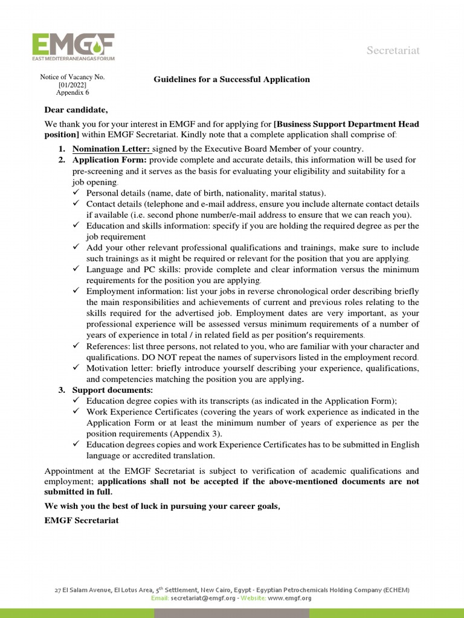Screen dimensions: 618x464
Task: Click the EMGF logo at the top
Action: (72, 47)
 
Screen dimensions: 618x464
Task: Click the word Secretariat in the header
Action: (393, 51)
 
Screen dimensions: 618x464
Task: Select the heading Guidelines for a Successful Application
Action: (231, 79)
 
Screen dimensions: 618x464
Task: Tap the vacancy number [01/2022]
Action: (72, 85)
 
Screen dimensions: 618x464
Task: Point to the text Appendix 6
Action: (72, 93)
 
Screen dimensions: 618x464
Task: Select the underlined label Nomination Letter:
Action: (111, 149)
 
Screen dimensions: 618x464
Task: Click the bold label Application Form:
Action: (109, 160)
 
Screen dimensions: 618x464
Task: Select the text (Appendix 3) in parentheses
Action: (196, 434)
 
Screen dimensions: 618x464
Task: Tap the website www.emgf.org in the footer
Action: (289, 598)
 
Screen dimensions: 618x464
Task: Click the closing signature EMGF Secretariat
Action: (82, 520)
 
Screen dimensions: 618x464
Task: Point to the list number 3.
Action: (62, 390)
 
